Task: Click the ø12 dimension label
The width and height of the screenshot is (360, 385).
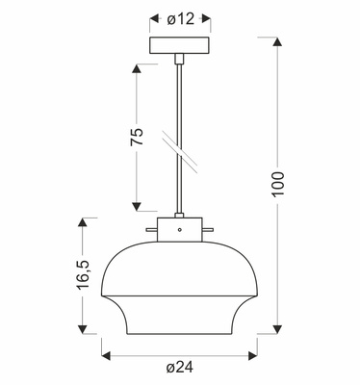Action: [180, 19]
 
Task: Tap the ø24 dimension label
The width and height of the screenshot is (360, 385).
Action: [180, 368]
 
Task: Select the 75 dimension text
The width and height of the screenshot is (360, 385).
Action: [137, 137]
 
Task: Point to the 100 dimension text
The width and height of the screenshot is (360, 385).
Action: [278, 184]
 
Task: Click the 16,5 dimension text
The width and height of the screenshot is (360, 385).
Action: [83, 274]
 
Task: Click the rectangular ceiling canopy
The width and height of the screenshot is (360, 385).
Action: [179, 45]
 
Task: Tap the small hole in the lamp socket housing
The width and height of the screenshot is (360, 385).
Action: [180, 229]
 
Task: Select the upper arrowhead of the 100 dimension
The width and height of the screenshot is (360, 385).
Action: [277, 41]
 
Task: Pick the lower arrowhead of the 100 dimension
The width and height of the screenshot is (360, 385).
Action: [277, 329]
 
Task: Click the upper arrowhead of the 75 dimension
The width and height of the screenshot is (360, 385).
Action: [137, 68]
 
